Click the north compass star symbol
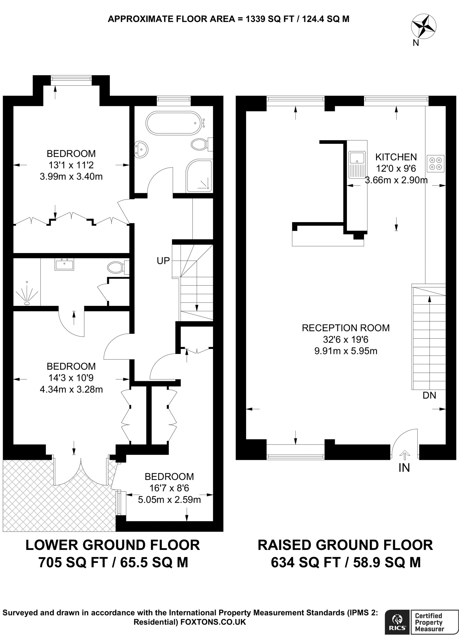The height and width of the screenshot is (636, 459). [423, 28]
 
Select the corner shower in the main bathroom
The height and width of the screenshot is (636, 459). [199, 176]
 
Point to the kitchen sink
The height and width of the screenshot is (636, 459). [357, 164]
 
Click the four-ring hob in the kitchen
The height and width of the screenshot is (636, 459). [435, 164]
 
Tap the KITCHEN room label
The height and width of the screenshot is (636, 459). [396, 157]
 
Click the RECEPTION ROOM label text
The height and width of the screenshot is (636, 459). [345, 328]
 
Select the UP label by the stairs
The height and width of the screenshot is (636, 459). [163, 261]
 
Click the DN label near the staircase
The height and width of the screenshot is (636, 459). [429, 395]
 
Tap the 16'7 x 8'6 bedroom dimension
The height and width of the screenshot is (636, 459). [169, 488]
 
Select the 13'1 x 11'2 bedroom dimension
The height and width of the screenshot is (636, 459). [71, 165]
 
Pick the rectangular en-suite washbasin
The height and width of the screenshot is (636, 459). [65, 265]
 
